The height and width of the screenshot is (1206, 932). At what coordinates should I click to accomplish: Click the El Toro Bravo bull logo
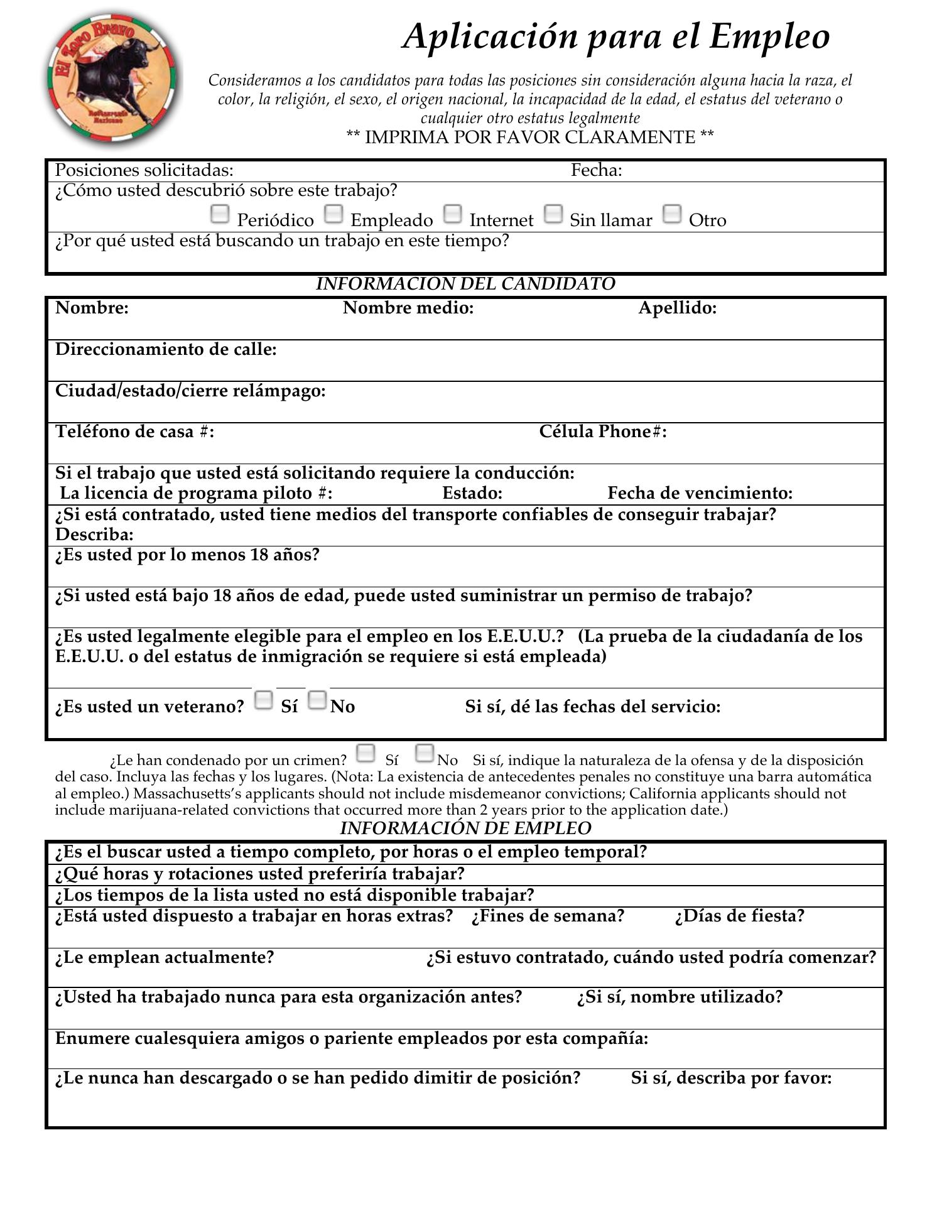pos(112,80)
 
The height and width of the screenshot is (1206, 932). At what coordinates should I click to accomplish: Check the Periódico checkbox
pos(219,214)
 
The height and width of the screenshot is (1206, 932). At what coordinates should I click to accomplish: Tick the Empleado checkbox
pos(333,214)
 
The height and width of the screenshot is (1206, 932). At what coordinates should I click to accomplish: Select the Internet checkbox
pos(452,214)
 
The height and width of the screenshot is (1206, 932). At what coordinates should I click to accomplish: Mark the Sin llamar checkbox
pos(553,214)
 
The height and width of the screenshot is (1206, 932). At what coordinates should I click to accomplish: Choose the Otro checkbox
pos(672,214)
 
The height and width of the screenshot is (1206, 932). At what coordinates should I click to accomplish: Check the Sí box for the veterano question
pos(264,700)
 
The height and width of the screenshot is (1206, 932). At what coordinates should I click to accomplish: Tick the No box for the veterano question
pos(318,700)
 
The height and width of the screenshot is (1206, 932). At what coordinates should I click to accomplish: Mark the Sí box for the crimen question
pos(366,753)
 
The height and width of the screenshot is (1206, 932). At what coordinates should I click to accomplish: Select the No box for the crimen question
pos(425,753)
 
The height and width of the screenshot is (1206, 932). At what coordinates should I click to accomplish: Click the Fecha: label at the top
pos(596,170)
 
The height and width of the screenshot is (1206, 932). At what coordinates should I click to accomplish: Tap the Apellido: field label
pos(677,308)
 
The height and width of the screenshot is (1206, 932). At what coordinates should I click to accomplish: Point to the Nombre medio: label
pos(408,308)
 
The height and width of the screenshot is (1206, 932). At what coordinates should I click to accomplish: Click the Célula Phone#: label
pos(602,432)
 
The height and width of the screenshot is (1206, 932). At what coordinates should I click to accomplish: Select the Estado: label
pos(472,493)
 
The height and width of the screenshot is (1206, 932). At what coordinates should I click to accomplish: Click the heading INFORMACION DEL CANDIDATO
pos(465,284)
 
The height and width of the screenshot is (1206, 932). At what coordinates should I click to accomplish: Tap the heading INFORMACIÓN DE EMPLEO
pos(465,828)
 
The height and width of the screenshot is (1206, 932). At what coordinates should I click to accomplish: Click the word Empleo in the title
pos(769,36)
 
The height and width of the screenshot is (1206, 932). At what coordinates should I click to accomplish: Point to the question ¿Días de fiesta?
pos(739,916)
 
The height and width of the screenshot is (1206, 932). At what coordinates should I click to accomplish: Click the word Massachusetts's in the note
pos(183,793)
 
